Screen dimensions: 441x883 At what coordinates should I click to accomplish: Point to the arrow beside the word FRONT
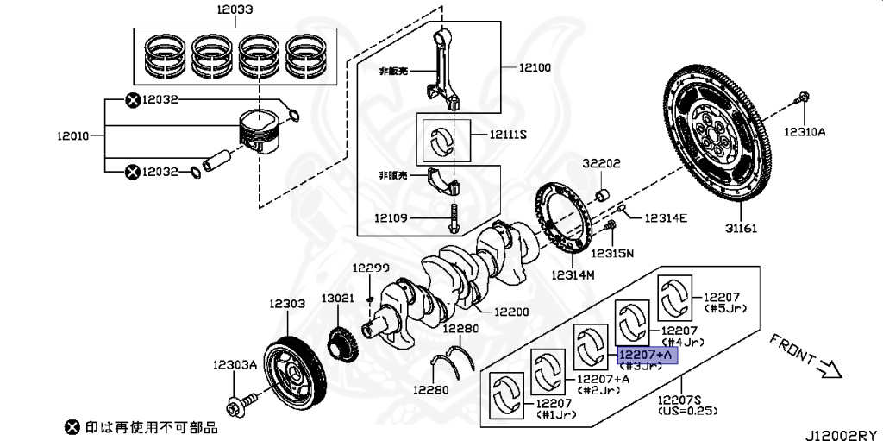tap(827, 369)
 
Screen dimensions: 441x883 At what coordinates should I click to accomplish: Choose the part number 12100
tap(535, 66)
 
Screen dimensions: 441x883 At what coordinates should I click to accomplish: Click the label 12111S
tap(508, 135)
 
